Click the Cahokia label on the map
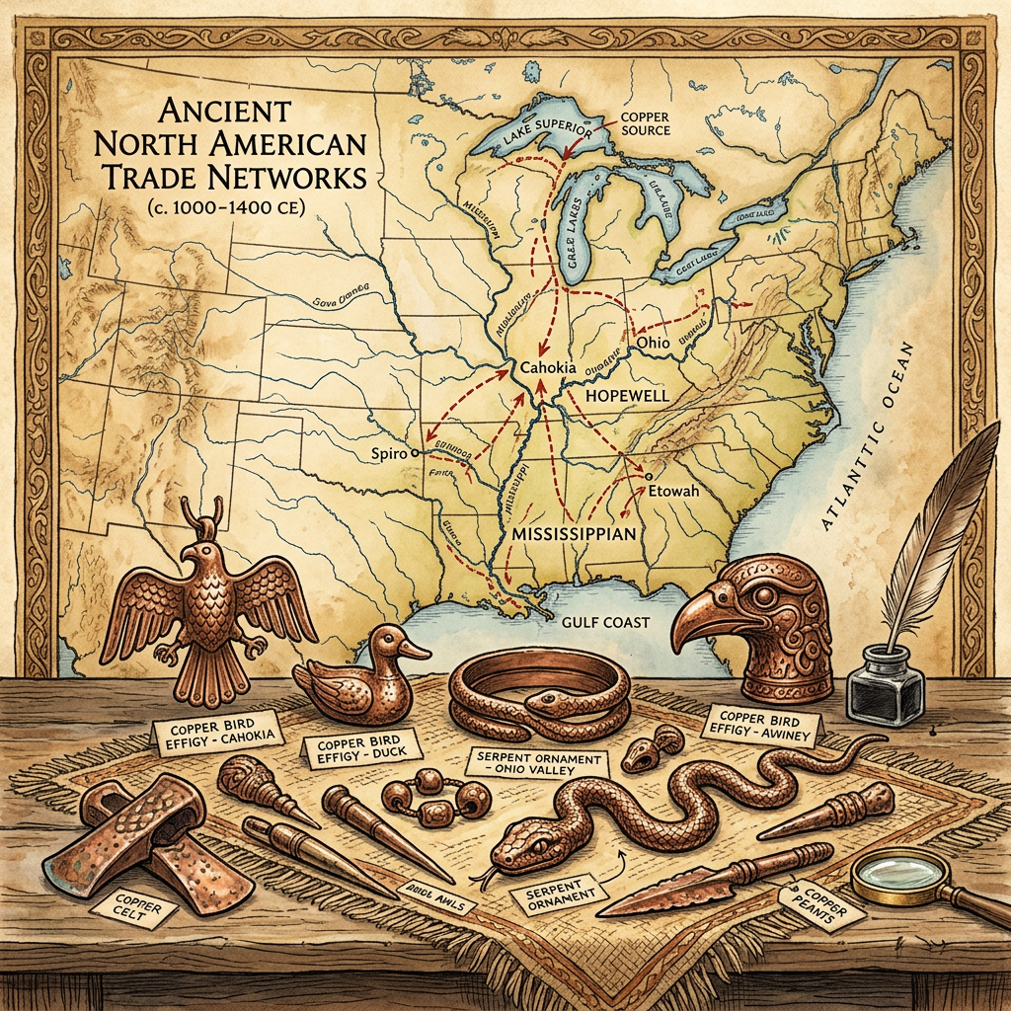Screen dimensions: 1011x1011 coord(547,367)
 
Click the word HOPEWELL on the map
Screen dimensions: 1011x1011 coord(628,395)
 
